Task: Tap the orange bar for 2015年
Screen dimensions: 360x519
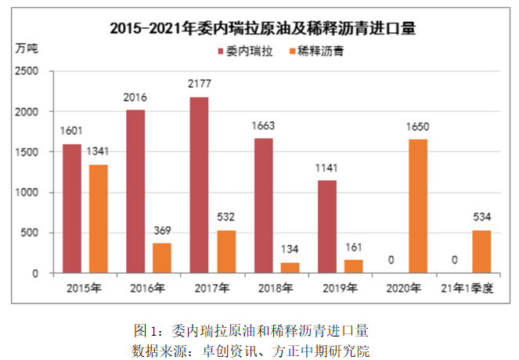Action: [98, 219]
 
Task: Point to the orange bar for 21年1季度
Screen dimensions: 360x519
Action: [482, 251]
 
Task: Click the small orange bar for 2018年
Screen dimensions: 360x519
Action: [290, 268]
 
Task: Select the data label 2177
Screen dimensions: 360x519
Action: [199, 83]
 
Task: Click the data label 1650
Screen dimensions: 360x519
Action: [418, 126]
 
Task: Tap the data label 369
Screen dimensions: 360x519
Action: [162, 230]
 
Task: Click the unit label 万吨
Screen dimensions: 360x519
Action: [26, 49]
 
